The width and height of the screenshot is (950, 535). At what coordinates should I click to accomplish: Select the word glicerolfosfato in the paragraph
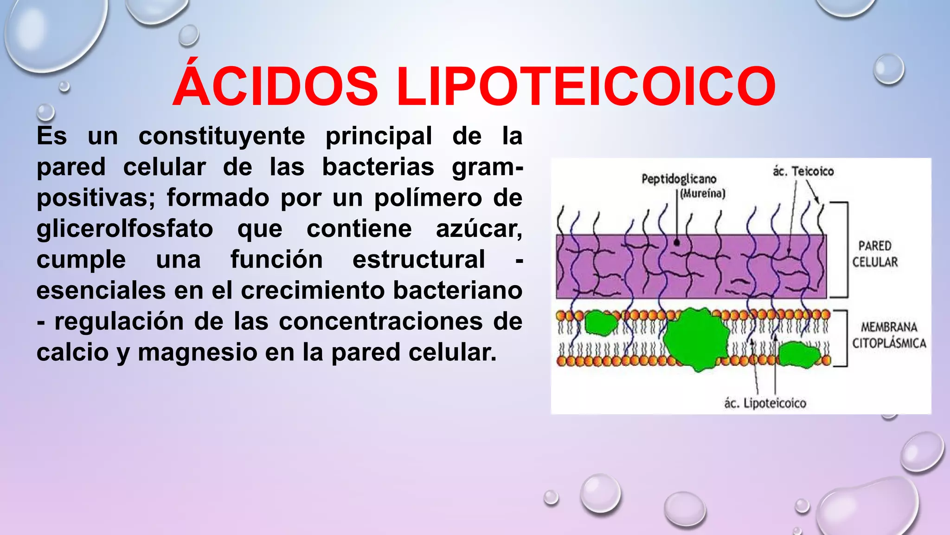tap(125, 228)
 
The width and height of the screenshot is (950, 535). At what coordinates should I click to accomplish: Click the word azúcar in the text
tap(479, 228)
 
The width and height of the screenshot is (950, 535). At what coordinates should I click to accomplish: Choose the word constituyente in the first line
tap(222, 136)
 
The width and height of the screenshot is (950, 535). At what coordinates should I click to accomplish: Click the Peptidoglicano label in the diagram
tap(679, 179)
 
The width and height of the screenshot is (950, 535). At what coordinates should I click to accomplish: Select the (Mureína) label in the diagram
tap(702, 194)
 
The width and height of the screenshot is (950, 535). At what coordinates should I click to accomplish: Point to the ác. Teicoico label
tap(803, 171)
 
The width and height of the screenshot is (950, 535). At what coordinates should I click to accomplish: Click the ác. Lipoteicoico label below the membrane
tap(765, 403)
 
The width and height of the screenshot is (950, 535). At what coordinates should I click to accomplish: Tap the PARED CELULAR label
tap(875, 254)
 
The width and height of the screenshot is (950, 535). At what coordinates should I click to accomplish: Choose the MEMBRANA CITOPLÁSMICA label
tap(889, 335)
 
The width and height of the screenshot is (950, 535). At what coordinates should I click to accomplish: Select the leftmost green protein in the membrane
tap(600, 323)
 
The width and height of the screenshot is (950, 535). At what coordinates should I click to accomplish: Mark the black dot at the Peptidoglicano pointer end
tap(677, 242)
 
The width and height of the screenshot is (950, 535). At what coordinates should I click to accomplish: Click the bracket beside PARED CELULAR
tap(847, 250)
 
